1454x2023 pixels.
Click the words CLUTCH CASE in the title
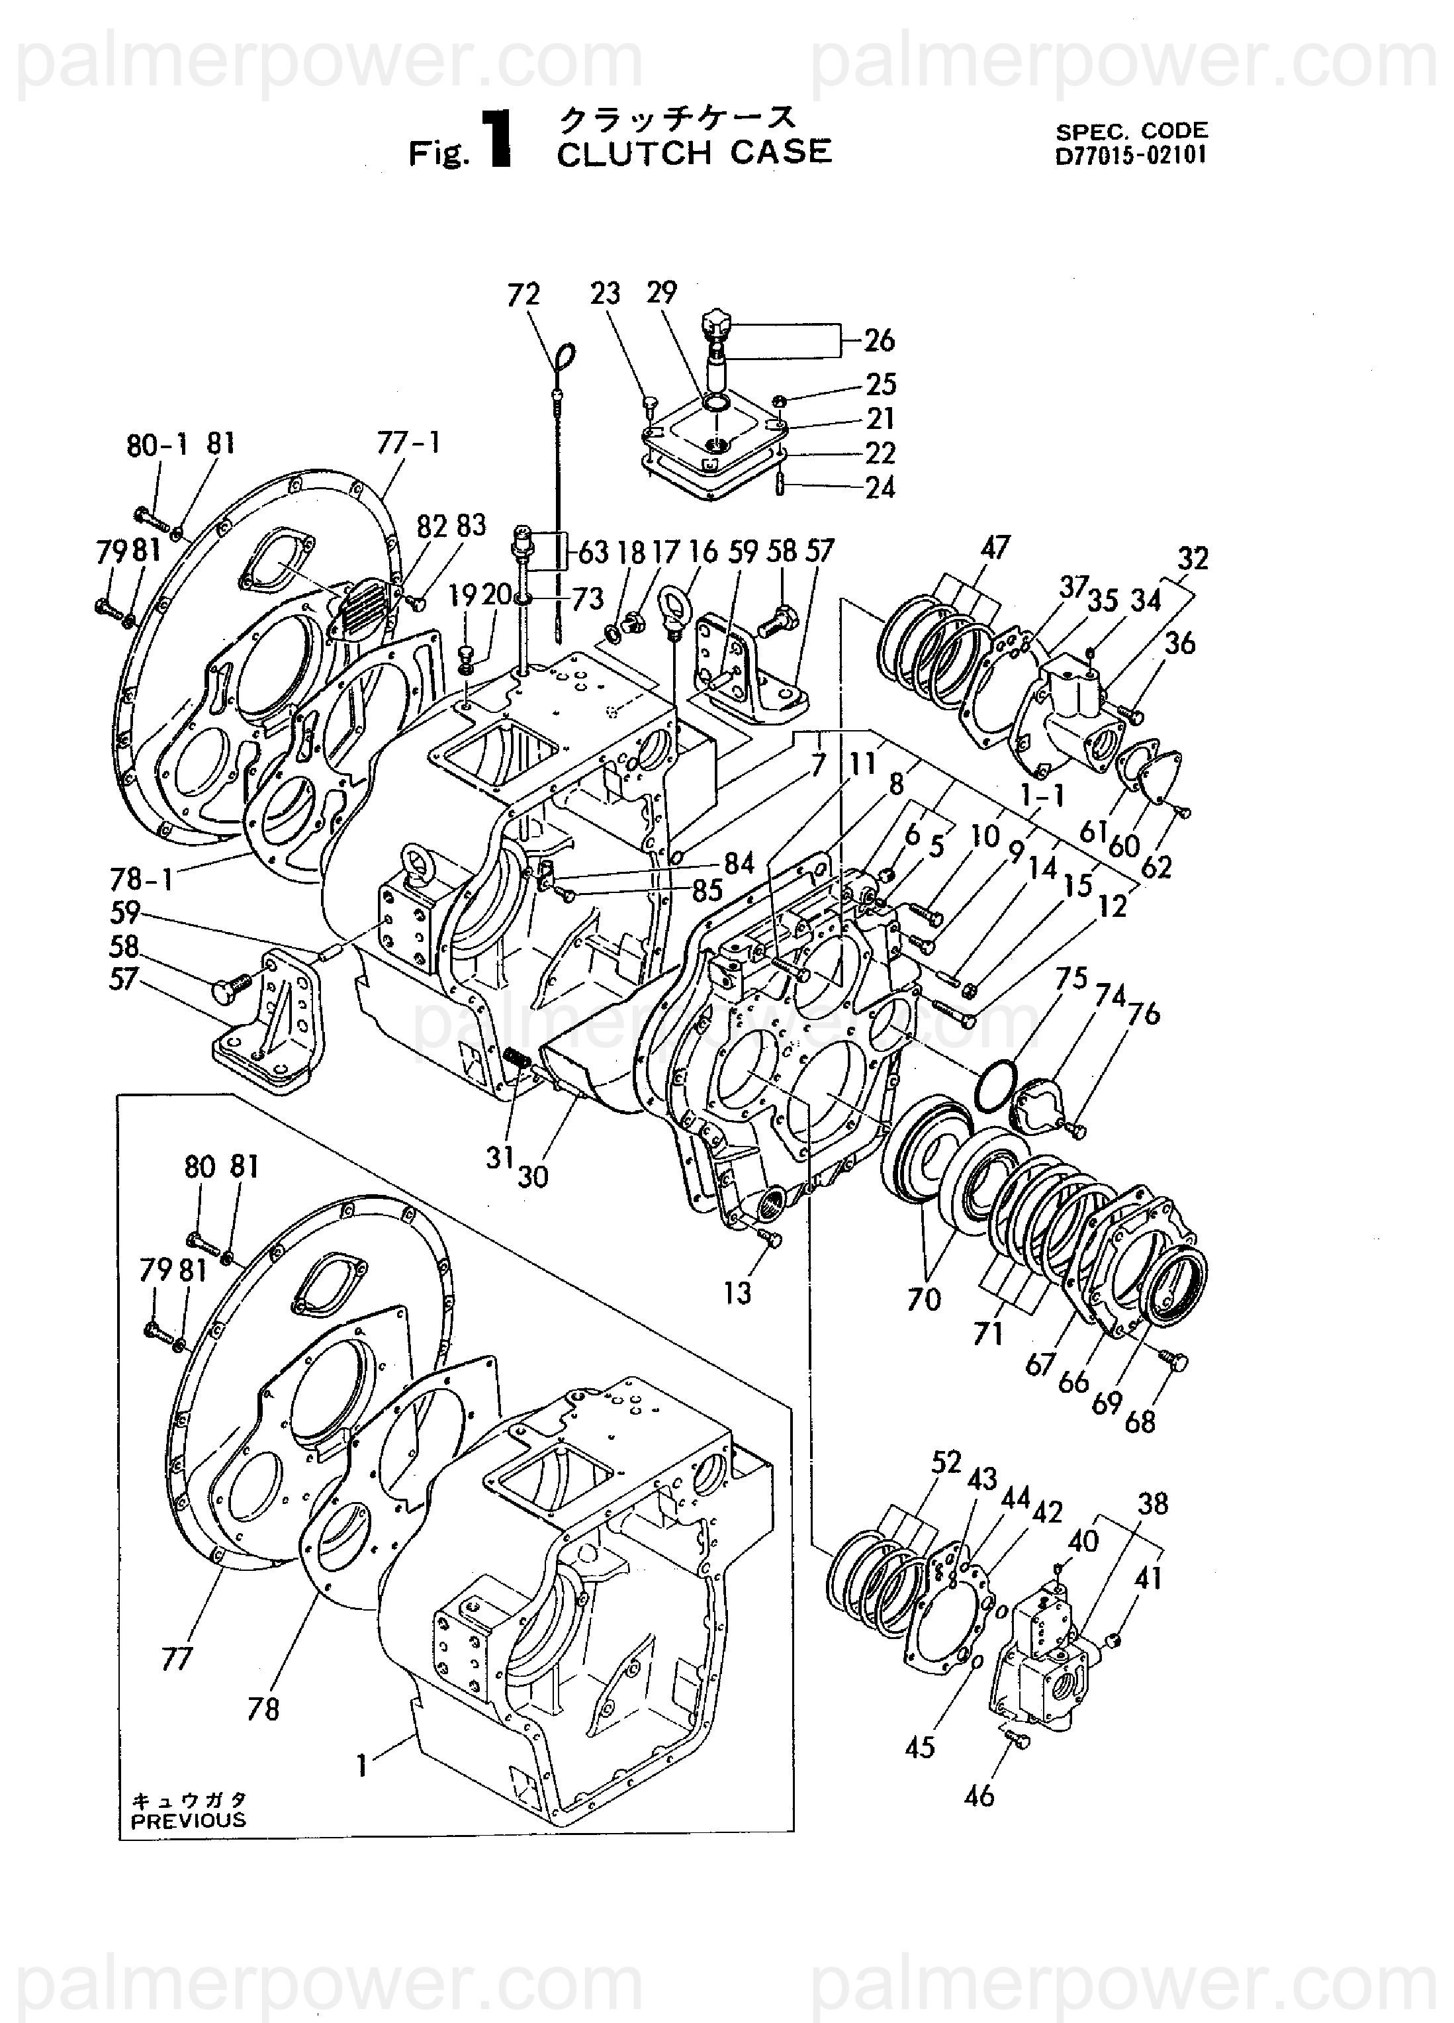694,152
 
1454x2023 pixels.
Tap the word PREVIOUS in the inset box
188,1820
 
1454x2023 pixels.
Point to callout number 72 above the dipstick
523,295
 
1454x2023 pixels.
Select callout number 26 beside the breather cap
879,340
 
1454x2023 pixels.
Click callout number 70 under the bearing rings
924,1299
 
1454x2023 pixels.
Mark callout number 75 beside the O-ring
1071,978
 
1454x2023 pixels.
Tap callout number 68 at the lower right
1140,1421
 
